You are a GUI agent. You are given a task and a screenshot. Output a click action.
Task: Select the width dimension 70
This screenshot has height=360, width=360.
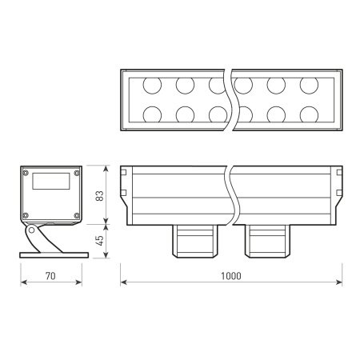(x=50, y=276)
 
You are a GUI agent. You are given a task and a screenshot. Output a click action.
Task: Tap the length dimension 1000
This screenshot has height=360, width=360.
(x=230, y=276)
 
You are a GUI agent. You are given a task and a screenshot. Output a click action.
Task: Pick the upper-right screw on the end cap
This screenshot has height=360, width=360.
(x=76, y=172)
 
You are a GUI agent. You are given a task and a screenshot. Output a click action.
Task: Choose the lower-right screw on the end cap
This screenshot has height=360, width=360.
(x=76, y=215)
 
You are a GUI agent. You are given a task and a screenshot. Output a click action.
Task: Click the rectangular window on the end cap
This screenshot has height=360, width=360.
(x=51, y=181)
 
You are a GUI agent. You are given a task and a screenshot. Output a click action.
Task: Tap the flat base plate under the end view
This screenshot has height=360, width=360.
(x=51, y=254)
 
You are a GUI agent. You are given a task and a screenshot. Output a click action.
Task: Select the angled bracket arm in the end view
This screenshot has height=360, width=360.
(x=34, y=238)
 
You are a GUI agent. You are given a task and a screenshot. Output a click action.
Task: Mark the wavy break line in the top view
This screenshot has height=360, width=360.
(x=230, y=99)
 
